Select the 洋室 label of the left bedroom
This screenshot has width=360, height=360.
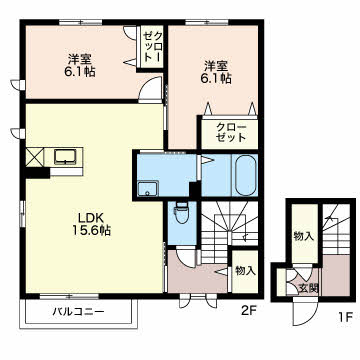tap(81, 57)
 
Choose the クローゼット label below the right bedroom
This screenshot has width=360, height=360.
tap(226, 132)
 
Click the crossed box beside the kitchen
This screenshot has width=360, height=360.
tap(35, 158)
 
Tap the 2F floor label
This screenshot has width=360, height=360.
tap(249, 310)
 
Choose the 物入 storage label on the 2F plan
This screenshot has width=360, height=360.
tap(245, 271)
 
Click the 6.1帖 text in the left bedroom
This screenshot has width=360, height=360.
tap(81, 73)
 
